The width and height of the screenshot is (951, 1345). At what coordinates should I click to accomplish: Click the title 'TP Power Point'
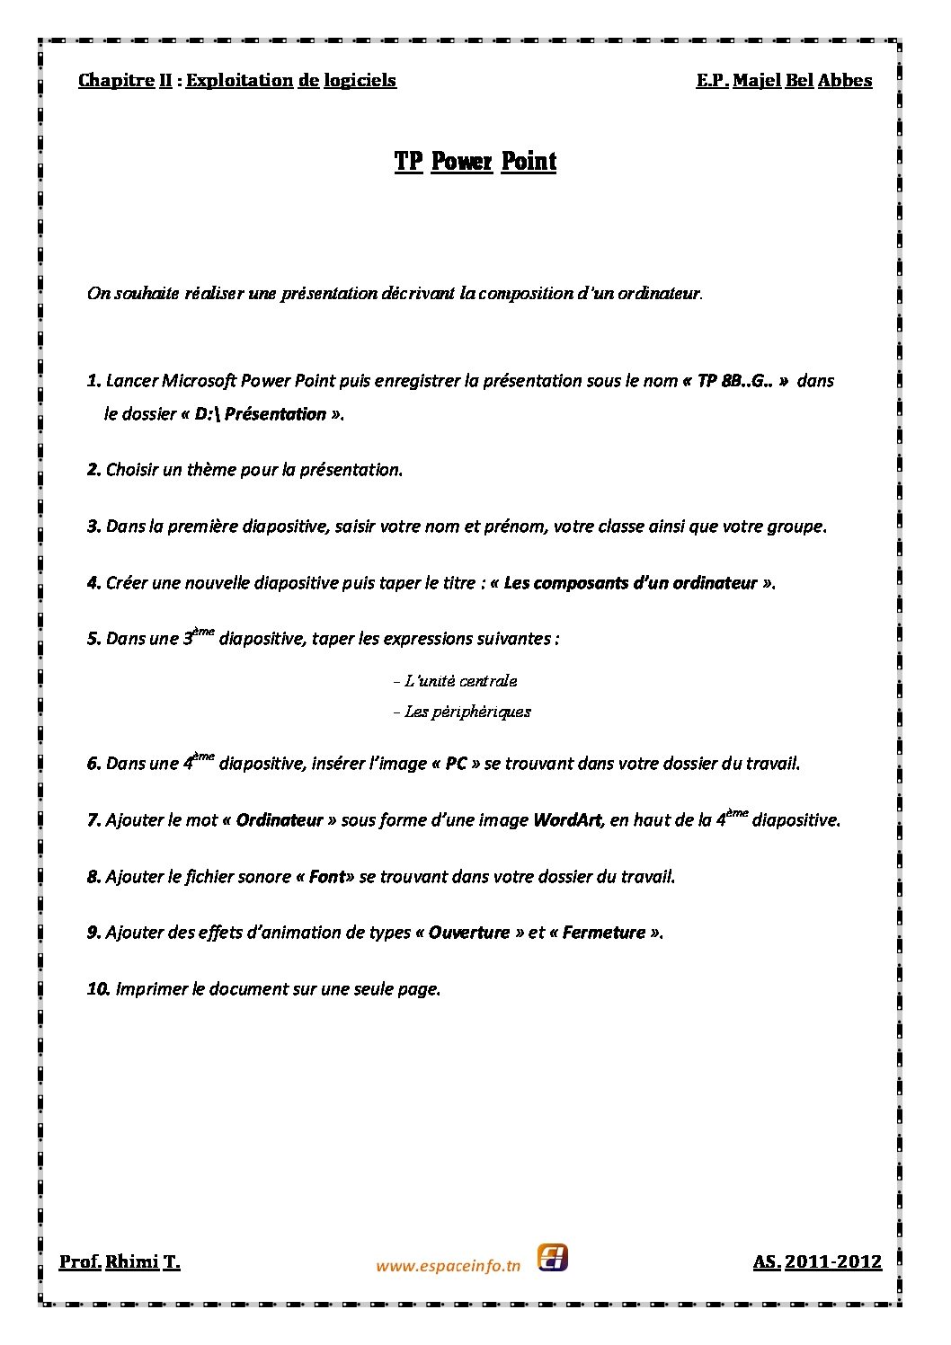(475, 162)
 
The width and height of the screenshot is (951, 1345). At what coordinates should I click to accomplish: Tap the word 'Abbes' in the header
(844, 81)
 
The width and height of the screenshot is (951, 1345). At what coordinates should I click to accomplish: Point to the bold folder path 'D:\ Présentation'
(259, 414)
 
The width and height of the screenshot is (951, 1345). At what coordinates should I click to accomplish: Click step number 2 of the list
(93, 470)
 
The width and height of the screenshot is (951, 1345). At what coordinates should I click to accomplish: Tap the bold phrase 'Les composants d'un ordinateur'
(630, 583)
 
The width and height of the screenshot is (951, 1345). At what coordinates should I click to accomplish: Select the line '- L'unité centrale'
(456, 681)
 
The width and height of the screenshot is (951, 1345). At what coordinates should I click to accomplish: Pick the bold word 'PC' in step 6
(456, 764)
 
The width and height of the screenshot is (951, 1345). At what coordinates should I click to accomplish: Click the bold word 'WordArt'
(569, 820)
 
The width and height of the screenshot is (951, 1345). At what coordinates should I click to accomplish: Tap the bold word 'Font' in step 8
(326, 877)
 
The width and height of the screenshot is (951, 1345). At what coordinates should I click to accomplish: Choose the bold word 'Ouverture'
(468, 933)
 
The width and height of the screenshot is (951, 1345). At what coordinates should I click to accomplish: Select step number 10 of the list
(99, 989)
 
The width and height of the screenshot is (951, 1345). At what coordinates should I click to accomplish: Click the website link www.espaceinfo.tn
(448, 1266)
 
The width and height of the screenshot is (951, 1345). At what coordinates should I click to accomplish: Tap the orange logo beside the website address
(552, 1258)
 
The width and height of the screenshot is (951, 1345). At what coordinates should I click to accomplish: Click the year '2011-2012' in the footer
(833, 1262)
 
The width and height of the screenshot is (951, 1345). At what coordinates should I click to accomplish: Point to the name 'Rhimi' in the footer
(131, 1262)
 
